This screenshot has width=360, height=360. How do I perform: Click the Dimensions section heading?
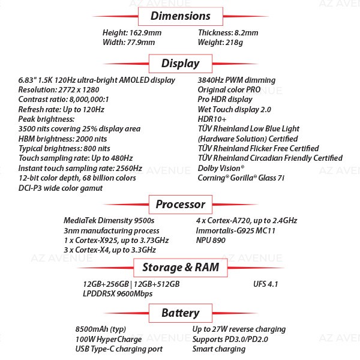181,16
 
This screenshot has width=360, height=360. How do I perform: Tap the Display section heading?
181,64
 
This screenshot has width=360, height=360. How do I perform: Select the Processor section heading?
181,205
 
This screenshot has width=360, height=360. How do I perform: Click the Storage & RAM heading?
181,267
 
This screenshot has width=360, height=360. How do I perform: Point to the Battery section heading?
181,313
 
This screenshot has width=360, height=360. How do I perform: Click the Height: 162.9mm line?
132,33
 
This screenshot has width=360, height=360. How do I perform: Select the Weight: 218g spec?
220,43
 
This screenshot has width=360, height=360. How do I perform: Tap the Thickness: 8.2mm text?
228,33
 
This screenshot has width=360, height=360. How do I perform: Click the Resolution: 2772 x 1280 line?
59,90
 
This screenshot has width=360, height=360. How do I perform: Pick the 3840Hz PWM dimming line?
237,80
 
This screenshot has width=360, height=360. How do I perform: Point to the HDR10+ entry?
212,119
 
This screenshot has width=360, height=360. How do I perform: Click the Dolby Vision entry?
221,168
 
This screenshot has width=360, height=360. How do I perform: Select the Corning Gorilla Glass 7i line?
241,178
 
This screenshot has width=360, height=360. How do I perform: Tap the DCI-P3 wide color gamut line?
61,188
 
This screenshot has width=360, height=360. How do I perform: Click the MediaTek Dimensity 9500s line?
109,221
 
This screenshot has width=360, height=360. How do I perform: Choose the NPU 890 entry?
211,241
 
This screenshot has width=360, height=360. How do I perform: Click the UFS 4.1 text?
266,284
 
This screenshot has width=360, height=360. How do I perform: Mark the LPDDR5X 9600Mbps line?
118,294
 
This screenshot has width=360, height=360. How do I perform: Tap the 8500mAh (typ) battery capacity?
101,329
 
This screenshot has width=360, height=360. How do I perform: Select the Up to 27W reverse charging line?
239,329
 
